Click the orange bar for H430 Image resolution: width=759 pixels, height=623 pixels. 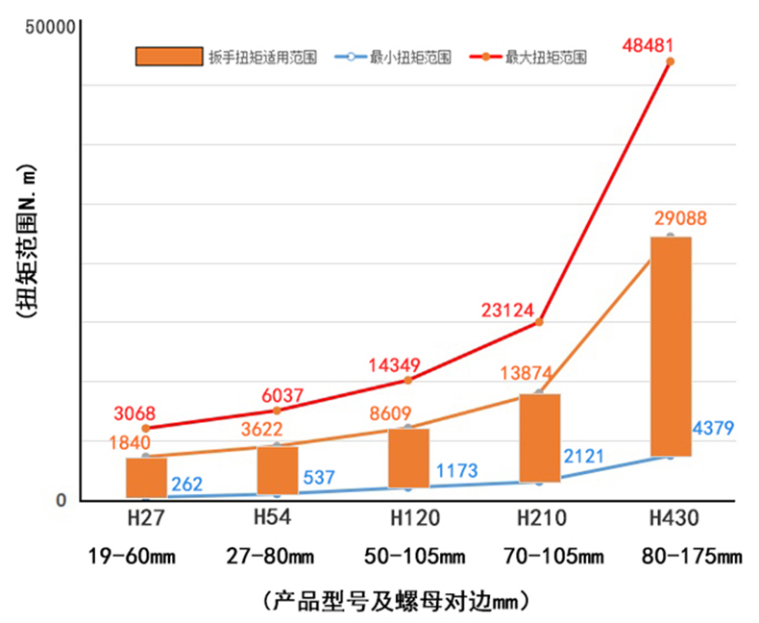[671, 346]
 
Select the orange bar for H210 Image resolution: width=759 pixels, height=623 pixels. [539, 437]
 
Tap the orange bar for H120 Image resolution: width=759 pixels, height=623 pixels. [408, 458]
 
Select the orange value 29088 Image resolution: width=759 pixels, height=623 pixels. [681, 218]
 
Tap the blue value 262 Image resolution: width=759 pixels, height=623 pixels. [186, 484]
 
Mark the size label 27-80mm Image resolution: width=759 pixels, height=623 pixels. [271, 556]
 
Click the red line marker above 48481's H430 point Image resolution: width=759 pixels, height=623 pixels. [670, 62]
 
